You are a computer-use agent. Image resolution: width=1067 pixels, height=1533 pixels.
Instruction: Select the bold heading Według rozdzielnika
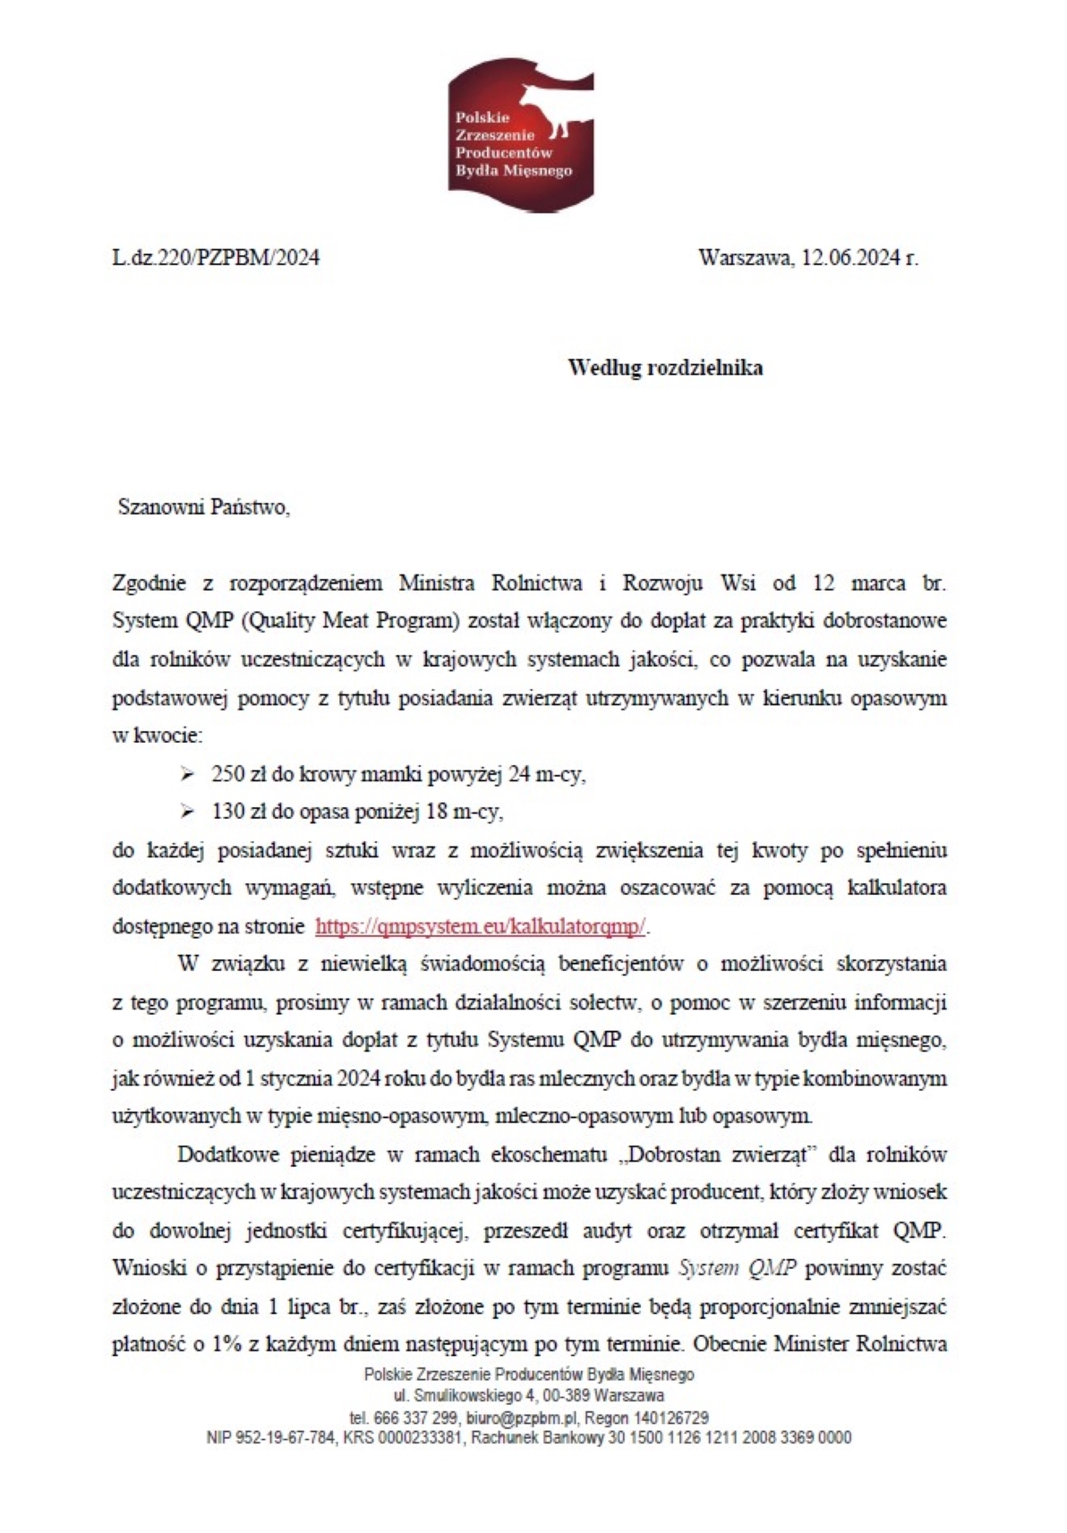pyautogui.click(x=665, y=368)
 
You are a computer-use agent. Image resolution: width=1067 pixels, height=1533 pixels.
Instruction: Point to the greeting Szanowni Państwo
pyautogui.click(x=204, y=508)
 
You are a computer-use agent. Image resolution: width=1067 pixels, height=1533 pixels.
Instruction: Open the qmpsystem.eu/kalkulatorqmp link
pyautogui.click(x=481, y=926)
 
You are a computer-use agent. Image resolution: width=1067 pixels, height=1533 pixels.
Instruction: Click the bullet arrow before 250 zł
pyautogui.click(x=187, y=773)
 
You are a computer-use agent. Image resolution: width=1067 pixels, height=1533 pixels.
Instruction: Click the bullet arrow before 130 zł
pyautogui.click(x=187, y=812)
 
